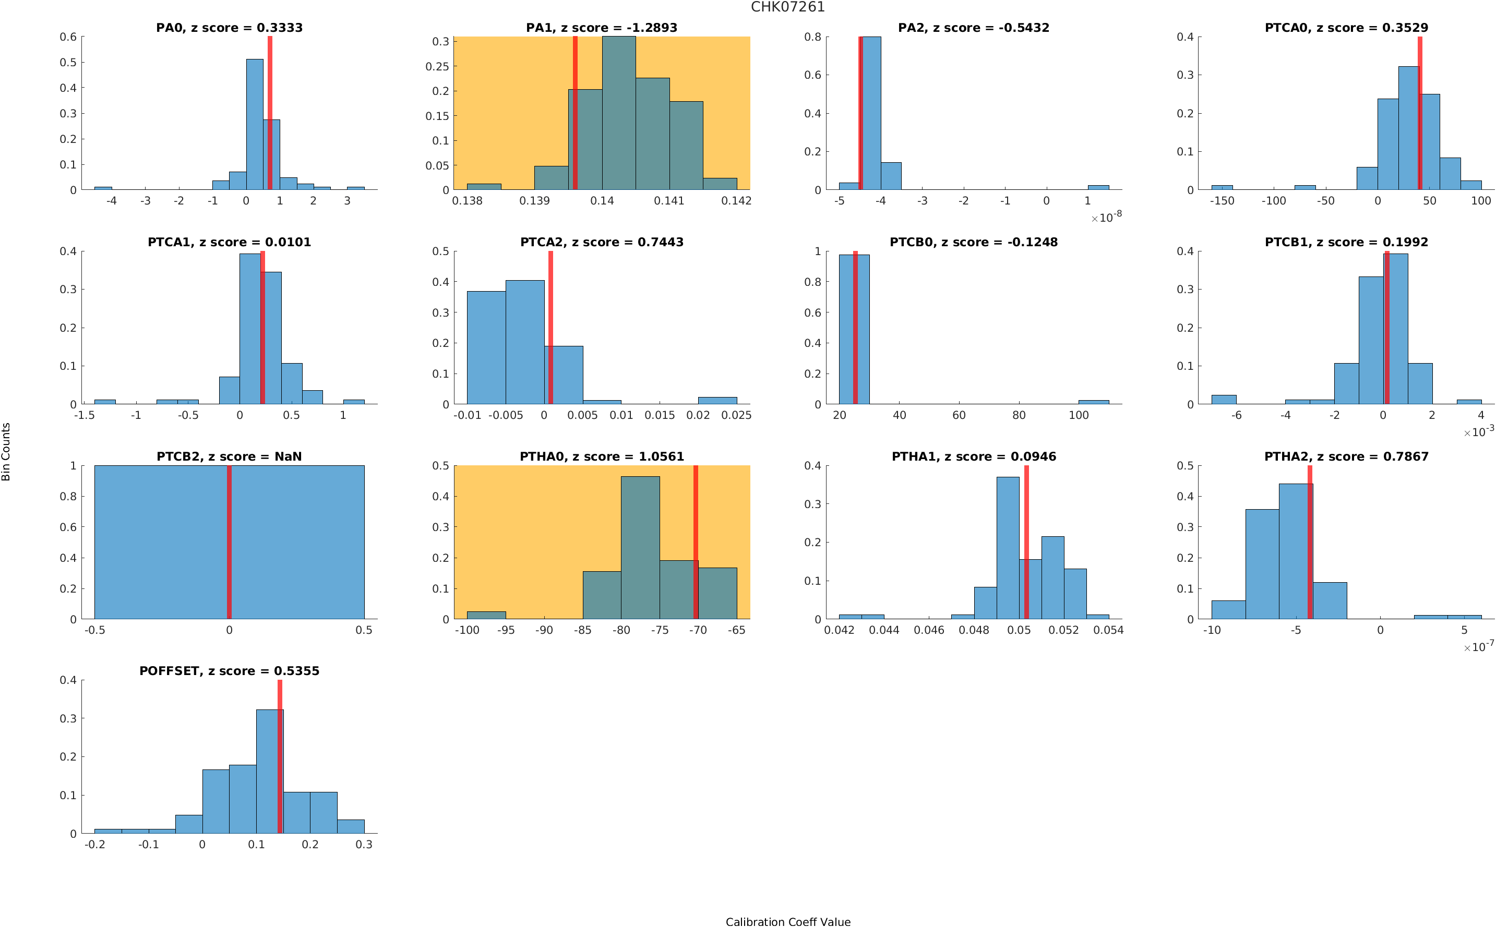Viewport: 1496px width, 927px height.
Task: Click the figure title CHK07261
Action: (787, 7)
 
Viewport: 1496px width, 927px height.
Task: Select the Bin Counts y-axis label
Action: (6, 451)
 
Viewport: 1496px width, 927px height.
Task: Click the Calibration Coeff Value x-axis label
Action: (787, 921)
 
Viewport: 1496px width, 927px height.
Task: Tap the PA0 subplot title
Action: (229, 28)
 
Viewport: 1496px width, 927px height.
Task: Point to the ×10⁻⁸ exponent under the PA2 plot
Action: (1106, 217)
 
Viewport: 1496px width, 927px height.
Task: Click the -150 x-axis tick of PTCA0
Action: (1222, 201)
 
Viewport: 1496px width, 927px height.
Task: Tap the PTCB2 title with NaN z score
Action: (229, 457)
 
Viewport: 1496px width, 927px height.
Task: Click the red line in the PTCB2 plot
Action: (229, 542)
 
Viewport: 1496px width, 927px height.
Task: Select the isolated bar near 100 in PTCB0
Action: (1093, 402)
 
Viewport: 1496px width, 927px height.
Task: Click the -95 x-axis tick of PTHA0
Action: (505, 630)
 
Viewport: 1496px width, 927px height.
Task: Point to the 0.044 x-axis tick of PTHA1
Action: (883, 630)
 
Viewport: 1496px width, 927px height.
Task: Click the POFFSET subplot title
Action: (229, 671)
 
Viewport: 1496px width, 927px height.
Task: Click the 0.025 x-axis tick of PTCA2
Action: (736, 416)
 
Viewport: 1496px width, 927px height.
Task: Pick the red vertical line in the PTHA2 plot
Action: (1310, 542)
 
